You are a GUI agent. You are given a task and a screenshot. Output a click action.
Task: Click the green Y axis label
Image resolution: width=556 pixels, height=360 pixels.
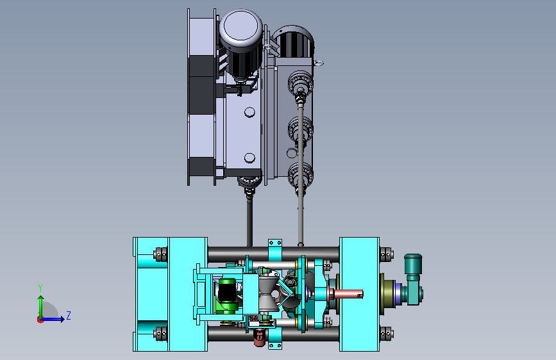pyautogui.click(x=40, y=288)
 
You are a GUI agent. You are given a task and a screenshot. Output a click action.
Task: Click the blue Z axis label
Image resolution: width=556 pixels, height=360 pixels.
pyautogui.click(x=69, y=315)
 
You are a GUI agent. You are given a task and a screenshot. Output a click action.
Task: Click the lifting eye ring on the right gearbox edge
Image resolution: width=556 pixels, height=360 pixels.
pyautogui.click(x=319, y=63)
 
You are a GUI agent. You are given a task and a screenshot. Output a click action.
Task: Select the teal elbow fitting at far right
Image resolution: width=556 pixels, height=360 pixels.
pyautogui.click(x=414, y=279)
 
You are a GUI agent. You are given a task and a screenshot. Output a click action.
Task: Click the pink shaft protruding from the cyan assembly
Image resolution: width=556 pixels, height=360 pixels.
pyautogui.click(x=348, y=294)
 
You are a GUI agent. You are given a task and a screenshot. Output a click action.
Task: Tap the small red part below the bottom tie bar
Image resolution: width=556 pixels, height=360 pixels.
pyautogui.click(x=260, y=338)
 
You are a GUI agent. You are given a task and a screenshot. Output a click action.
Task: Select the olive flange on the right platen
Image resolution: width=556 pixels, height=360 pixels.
pyautogui.click(x=387, y=294)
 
